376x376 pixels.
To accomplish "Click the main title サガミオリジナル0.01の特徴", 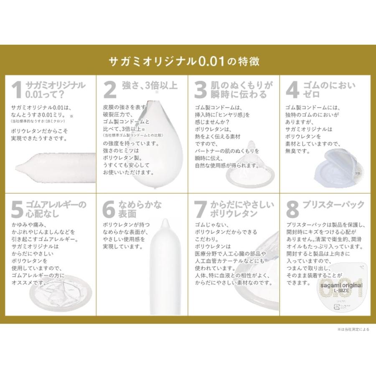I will [184, 61].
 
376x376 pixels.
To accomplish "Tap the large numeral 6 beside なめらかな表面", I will [109, 210].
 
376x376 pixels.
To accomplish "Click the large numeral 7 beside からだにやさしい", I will [201, 210].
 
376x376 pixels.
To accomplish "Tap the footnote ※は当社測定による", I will [353, 329].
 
